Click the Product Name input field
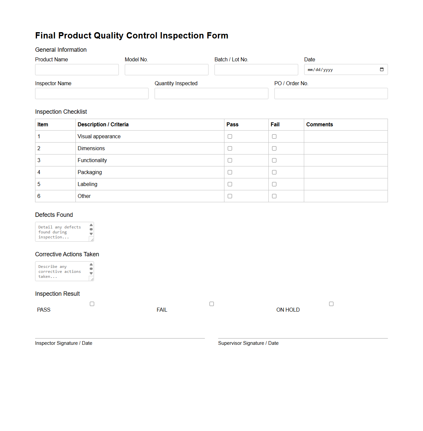click(x=77, y=70)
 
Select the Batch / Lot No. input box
click(x=256, y=70)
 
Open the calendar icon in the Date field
click(x=382, y=70)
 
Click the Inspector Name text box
click(x=92, y=93)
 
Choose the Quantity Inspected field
click(x=211, y=93)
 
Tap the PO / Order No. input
click(x=331, y=93)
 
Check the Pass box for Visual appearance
click(x=230, y=137)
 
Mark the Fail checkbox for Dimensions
click(x=274, y=149)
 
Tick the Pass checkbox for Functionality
click(x=230, y=160)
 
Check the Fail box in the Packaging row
click(x=274, y=172)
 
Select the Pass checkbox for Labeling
click(x=230, y=184)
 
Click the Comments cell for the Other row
click(x=346, y=196)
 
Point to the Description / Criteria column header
click(x=103, y=125)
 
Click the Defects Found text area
click(x=62, y=232)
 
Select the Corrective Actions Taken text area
click(x=62, y=271)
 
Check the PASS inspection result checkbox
click(x=92, y=304)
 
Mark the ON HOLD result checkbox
click(x=331, y=304)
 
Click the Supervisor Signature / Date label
click(x=248, y=343)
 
